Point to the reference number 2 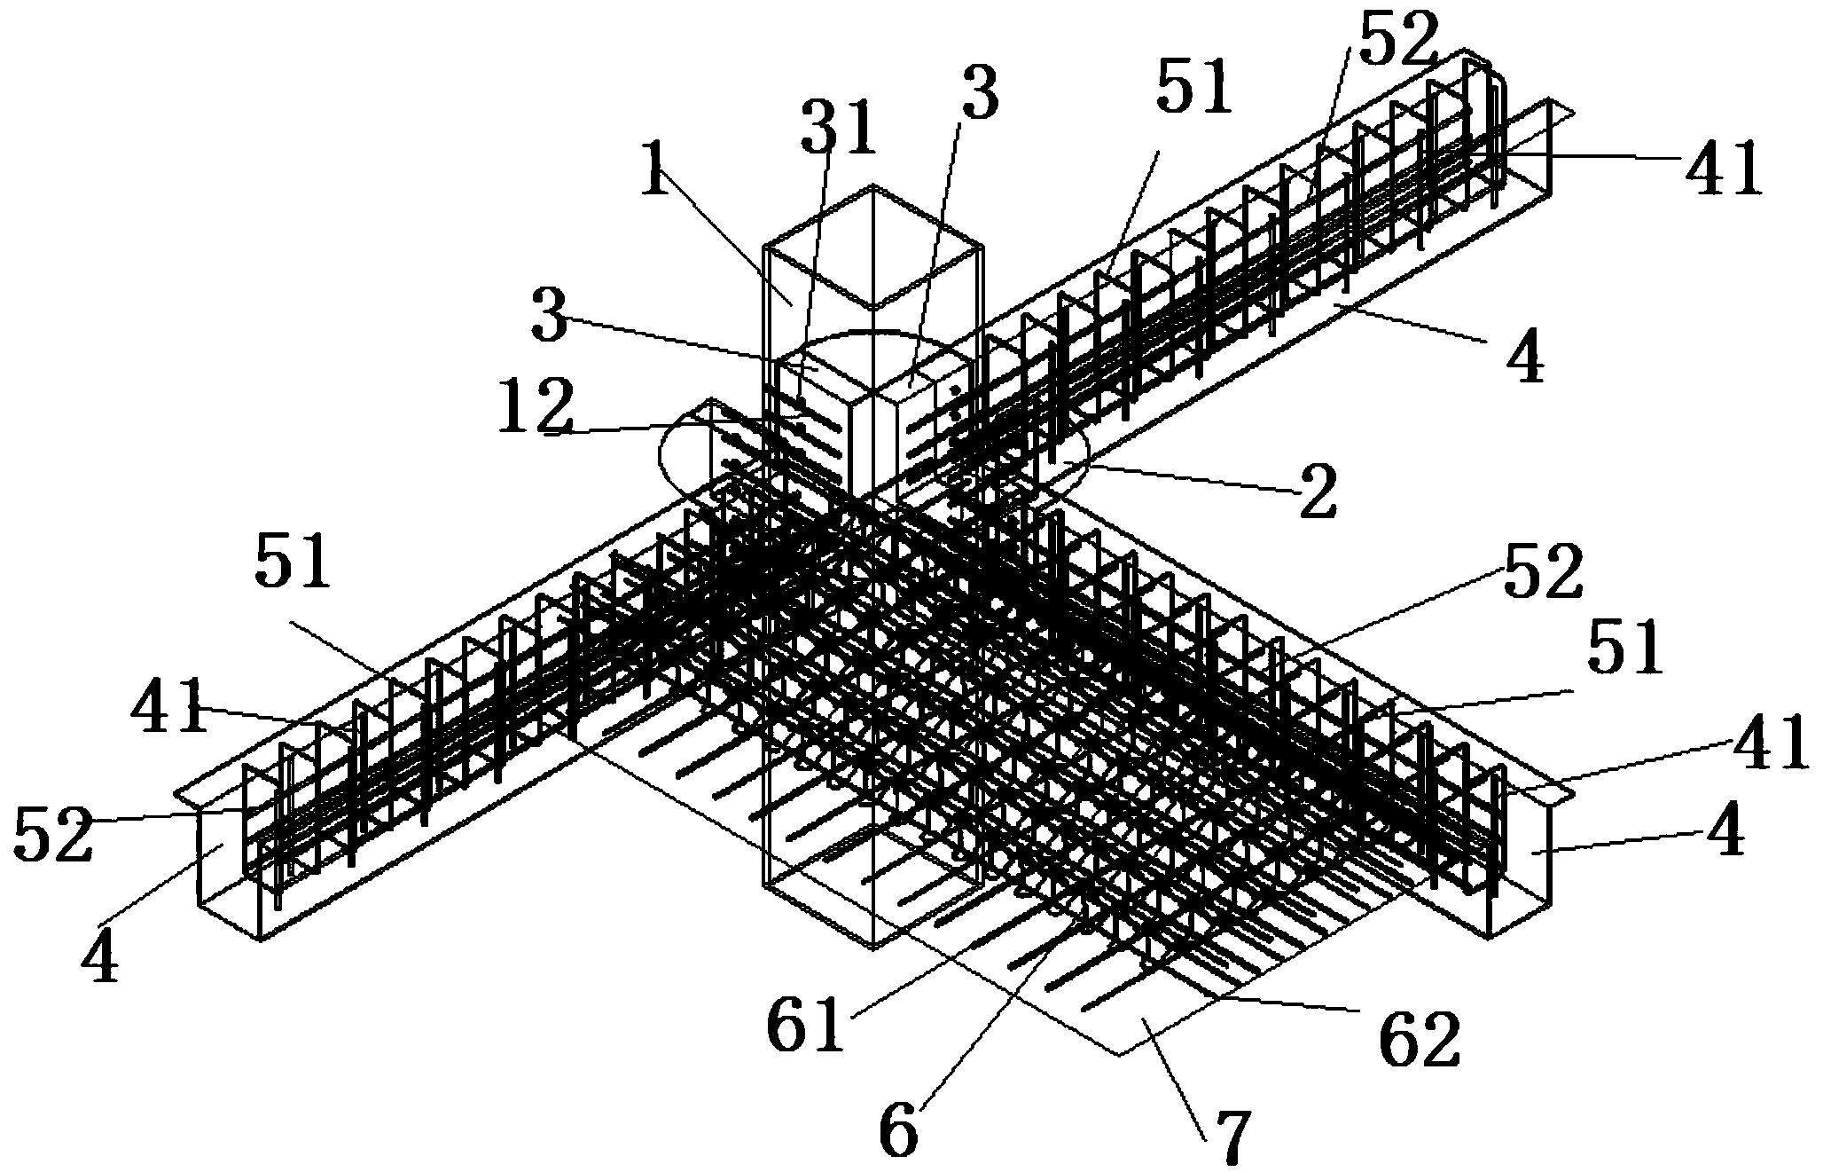click(x=1317, y=493)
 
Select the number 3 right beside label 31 click(x=980, y=96)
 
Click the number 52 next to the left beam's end click(x=53, y=836)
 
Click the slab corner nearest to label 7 click(x=1119, y=1054)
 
